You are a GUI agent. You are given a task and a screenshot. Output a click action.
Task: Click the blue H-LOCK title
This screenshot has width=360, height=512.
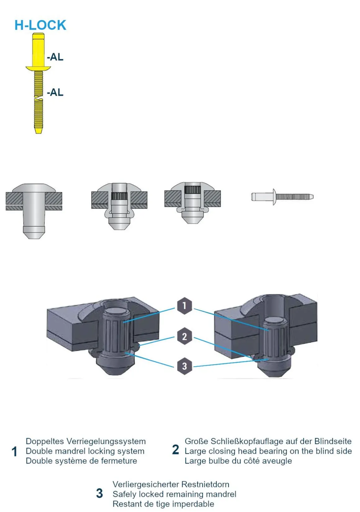click(x=40, y=25)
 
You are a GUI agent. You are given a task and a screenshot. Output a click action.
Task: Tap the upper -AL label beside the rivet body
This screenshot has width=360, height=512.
click(x=55, y=57)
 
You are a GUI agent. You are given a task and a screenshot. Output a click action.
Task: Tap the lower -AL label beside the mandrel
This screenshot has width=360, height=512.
click(x=55, y=92)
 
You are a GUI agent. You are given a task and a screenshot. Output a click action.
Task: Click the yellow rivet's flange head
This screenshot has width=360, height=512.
click(x=38, y=68)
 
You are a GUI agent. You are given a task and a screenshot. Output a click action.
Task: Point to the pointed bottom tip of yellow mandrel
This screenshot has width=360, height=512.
click(x=38, y=132)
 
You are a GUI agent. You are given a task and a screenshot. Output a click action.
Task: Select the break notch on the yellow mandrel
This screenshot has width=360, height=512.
click(x=38, y=100)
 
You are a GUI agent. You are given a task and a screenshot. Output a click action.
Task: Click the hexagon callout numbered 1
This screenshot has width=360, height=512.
click(x=184, y=306)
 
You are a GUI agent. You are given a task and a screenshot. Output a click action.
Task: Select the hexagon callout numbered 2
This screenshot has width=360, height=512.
click(x=184, y=336)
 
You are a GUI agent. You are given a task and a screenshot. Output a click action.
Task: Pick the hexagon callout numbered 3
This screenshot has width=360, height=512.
click(x=184, y=366)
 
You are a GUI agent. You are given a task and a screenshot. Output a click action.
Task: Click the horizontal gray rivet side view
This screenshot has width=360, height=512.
click(x=282, y=197)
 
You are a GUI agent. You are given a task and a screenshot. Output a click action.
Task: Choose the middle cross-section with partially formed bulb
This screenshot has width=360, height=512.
click(x=119, y=206)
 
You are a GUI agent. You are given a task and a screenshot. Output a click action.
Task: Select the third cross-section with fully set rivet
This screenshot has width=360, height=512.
click(x=192, y=203)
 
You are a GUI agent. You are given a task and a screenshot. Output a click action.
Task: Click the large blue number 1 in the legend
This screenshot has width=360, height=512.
click(x=14, y=452)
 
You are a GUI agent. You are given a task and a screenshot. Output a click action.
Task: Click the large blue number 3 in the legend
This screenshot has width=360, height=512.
click(x=99, y=493)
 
